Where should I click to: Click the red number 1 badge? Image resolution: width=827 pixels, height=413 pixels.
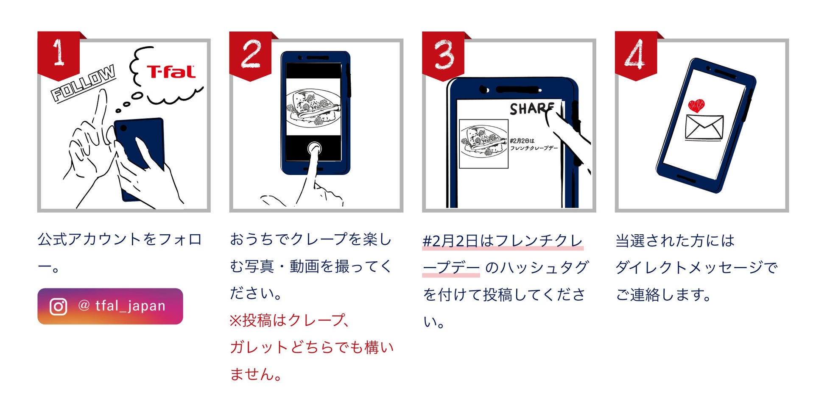[59, 54]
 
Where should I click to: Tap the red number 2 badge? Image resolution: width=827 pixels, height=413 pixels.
[250, 54]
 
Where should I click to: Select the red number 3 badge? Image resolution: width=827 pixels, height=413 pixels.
[443, 54]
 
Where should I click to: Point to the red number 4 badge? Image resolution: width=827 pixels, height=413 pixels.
[635, 54]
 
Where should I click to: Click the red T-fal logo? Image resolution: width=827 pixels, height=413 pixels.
[171, 72]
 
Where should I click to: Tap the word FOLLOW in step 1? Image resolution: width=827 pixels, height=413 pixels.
[83, 83]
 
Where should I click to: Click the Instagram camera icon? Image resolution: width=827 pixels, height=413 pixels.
[58, 306]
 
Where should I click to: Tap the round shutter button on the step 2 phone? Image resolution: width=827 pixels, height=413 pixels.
[314, 149]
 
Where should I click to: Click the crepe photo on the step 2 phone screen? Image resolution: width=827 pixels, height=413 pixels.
[313, 108]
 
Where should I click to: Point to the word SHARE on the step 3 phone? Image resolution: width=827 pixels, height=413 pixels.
[532, 108]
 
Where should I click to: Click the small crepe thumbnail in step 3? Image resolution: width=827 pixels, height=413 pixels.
[484, 144]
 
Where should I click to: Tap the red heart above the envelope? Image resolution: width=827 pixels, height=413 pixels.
[696, 105]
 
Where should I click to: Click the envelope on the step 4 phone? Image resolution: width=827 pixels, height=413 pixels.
[704, 127]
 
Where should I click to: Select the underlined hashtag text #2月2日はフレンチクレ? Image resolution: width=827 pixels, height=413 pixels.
[503, 241]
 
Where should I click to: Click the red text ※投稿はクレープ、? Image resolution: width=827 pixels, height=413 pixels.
[290, 320]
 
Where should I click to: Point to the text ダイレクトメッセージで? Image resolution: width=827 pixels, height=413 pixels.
[696, 267]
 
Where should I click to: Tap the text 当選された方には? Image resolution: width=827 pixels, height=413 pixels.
[674, 241]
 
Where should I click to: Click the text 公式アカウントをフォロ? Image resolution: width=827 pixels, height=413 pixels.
[119, 239]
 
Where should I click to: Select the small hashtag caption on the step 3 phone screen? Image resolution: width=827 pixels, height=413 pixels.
[533, 144]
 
